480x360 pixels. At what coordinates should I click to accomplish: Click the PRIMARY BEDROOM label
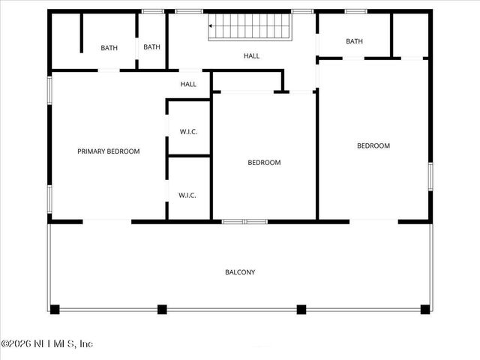tap(109, 151)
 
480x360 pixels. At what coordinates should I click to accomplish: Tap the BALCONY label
tap(240, 272)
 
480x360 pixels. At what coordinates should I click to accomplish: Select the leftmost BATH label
tap(109, 48)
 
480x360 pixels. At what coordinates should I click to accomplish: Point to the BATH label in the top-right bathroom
tap(355, 41)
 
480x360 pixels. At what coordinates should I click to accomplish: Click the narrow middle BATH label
tap(152, 47)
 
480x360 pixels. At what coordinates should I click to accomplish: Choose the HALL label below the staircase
tap(252, 56)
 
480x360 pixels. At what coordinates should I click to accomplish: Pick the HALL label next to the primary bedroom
tap(188, 84)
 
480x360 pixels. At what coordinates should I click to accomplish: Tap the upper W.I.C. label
tap(188, 132)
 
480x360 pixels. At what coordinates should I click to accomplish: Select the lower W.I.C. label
tap(187, 196)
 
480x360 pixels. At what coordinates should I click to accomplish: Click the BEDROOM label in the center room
tap(264, 163)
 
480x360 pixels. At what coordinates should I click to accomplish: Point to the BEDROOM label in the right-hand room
tap(373, 146)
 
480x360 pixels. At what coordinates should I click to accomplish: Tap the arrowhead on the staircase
tap(211, 26)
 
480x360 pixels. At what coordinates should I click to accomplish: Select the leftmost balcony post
tap(55, 308)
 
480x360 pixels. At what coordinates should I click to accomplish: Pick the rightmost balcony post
tap(425, 308)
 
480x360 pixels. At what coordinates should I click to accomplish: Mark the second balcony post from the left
tap(162, 308)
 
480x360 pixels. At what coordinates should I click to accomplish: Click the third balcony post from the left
tap(301, 308)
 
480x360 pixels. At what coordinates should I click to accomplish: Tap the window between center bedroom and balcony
tap(244, 221)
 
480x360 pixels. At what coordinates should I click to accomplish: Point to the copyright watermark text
tap(46, 344)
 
